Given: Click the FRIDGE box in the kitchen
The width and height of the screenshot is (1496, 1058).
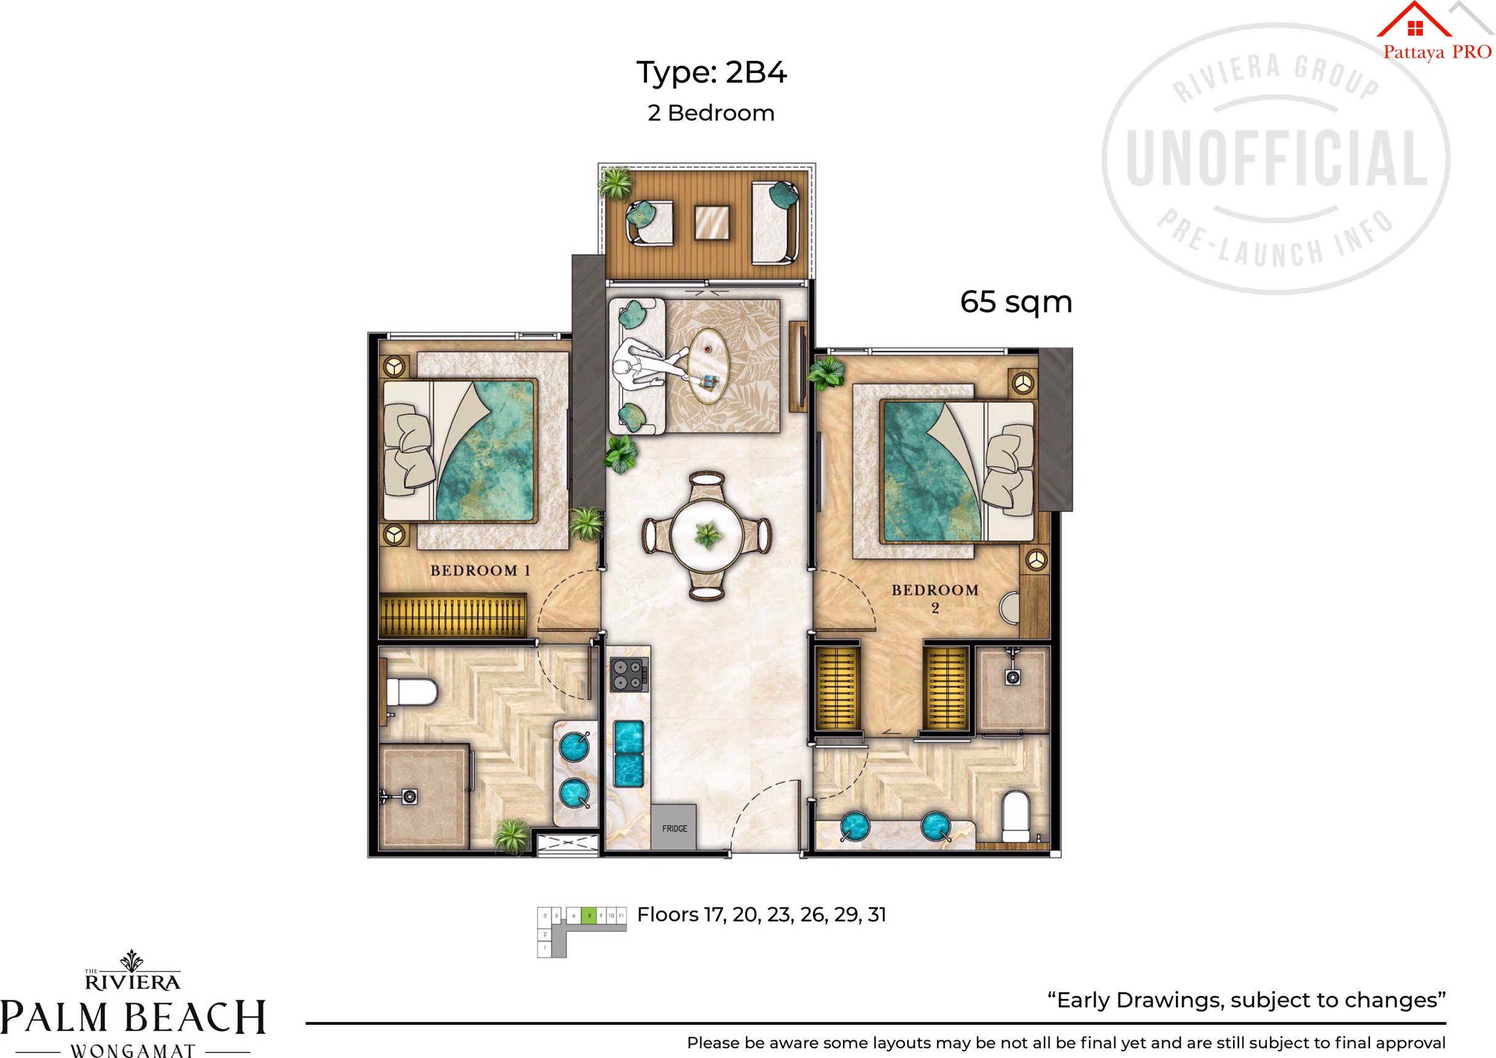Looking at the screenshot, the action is click(x=674, y=828).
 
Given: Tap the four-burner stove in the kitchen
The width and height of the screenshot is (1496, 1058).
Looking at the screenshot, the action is click(x=629, y=674).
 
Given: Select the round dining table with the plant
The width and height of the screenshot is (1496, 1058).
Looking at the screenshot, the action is click(x=707, y=536).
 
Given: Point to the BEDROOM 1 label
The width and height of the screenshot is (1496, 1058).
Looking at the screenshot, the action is click(x=480, y=571).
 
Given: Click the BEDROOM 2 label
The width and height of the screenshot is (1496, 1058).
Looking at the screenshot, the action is click(x=935, y=598).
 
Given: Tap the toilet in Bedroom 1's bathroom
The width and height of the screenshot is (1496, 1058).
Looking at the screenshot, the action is click(x=410, y=692).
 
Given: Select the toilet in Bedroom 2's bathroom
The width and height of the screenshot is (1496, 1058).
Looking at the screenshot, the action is click(x=1015, y=817).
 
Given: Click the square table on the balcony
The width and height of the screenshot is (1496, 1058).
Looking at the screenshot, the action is click(x=711, y=223).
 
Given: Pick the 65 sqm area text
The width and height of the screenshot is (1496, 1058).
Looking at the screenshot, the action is click(x=1016, y=302).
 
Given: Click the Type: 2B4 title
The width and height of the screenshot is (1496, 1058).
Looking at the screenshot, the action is click(x=711, y=72).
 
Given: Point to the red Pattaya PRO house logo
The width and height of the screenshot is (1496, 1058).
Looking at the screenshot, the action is click(x=1414, y=21).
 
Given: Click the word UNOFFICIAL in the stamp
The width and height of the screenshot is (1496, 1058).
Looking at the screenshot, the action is click(x=1277, y=159).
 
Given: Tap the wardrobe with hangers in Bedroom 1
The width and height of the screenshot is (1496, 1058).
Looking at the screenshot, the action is click(x=452, y=614).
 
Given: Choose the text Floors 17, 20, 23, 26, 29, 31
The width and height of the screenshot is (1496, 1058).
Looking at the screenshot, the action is click(x=761, y=915).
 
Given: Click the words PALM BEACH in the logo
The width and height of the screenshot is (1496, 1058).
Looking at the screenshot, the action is click(x=133, y=1017).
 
